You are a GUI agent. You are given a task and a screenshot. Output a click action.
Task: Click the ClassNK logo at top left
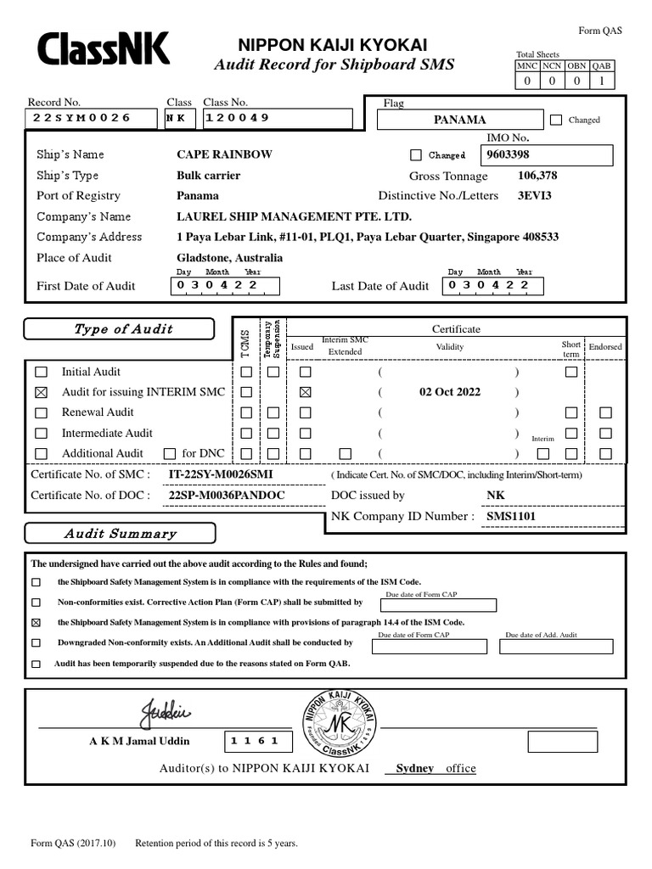pyautogui.click(x=103, y=50)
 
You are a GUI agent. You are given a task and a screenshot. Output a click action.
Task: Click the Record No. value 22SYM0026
pyautogui.click(x=81, y=118)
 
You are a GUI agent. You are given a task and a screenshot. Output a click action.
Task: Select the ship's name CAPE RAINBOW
pyautogui.click(x=224, y=154)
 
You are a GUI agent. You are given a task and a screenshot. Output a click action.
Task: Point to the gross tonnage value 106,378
pyautogui.click(x=537, y=176)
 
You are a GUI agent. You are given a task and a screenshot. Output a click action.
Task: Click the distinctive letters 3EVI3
pyautogui.click(x=534, y=196)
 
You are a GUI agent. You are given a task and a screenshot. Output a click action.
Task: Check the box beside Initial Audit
pyautogui.click(x=41, y=372)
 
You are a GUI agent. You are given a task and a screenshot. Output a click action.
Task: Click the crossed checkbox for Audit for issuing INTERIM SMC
pyautogui.click(x=41, y=392)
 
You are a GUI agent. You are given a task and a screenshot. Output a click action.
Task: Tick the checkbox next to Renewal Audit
pyautogui.click(x=41, y=413)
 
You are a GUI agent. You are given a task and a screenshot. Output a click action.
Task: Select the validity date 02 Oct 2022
pyautogui.click(x=449, y=392)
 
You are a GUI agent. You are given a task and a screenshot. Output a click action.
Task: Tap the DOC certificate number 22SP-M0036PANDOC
pyautogui.click(x=227, y=496)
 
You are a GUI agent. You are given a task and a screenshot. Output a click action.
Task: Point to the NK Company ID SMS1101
pyautogui.click(x=510, y=516)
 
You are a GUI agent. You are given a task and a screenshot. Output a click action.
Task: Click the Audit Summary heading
pyautogui.click(x=120, y=534)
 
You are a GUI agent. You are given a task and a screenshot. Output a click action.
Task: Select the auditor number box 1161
pyautogui.click(x=259, y=742)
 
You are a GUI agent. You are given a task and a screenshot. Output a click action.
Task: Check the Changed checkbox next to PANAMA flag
pyautogui.click(x=556, y=121)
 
